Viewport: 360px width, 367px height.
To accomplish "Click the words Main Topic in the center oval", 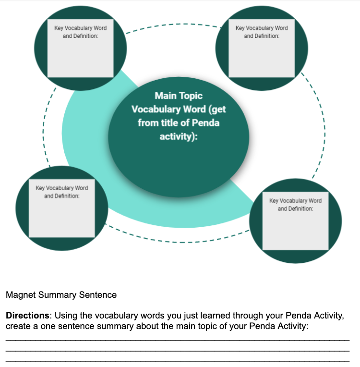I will point(179,96).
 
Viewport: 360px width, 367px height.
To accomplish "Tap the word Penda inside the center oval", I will point(205,123).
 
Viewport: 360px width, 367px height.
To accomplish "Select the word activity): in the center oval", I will point(179,136).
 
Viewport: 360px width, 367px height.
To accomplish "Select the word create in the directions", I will point(18,326).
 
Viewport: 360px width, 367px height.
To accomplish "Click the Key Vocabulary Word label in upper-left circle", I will point(81,28).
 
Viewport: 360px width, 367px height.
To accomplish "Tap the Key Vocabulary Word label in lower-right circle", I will point(295,200).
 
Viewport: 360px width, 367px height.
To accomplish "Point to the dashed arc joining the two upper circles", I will point(173,24).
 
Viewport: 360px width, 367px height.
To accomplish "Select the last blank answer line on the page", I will point(178,360).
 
